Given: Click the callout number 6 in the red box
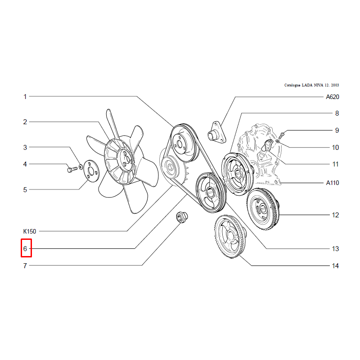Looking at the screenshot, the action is (25, 249).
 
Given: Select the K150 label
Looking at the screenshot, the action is (30, 231).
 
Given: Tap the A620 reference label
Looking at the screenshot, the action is (333, 97).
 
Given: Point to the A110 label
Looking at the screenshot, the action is (333, 183).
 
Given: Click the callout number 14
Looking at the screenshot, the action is (335, 266).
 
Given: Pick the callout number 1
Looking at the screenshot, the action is (25, 97).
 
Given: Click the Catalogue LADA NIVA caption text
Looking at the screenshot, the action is (311, 85).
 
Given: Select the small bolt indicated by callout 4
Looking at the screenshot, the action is (72, 170).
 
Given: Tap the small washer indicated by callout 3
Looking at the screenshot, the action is (81, 166).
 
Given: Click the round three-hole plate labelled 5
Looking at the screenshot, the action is (91, 171).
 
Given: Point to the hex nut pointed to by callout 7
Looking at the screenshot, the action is (182, 217).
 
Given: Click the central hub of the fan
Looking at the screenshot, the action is (126, 158).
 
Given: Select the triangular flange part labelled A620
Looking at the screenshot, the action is (217, 132).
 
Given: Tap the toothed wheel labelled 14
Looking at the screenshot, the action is (230, 237).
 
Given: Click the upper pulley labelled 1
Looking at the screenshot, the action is (185, 143).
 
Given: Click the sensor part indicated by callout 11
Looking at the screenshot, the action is (267, 145).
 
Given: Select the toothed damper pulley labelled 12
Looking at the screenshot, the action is (263, 209).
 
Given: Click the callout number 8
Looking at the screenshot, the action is (337, 113).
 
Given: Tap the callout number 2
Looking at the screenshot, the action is (25, 122).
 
